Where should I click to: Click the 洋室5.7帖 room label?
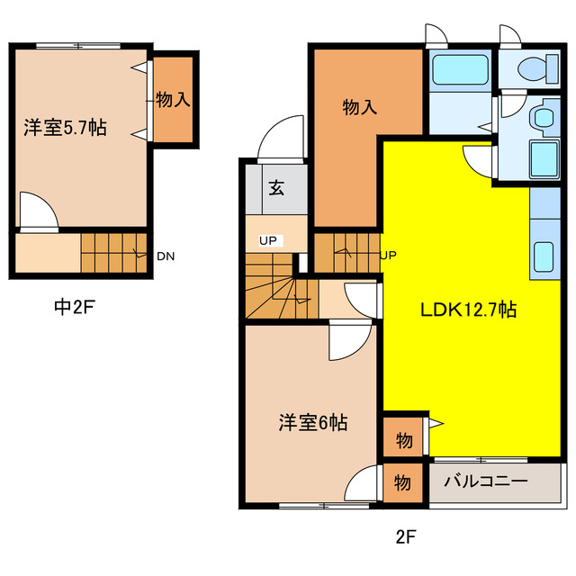point(65,128)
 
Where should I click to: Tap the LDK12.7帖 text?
point(469,310)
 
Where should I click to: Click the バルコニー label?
point(485,482)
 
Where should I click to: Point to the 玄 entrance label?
point(276,189)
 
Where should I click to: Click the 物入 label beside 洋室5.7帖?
point(172,99)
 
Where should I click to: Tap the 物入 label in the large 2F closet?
point(359,107)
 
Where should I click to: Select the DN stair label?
point(166,256)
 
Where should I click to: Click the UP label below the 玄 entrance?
point(268,240)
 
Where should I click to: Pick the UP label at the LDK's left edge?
point(389,255)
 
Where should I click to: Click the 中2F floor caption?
point(74,307)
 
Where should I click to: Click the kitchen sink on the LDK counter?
point(544,256)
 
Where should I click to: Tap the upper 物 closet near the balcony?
point(404,441)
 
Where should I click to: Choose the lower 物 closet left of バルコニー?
point(404,483)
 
